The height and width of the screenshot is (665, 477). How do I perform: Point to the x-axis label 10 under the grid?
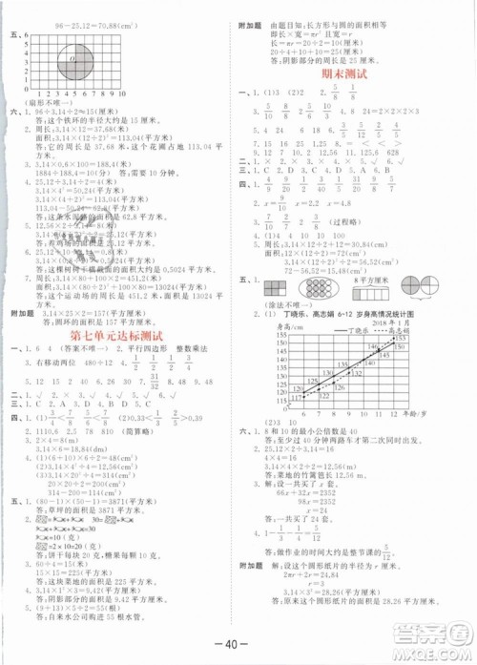tap(123, 94)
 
